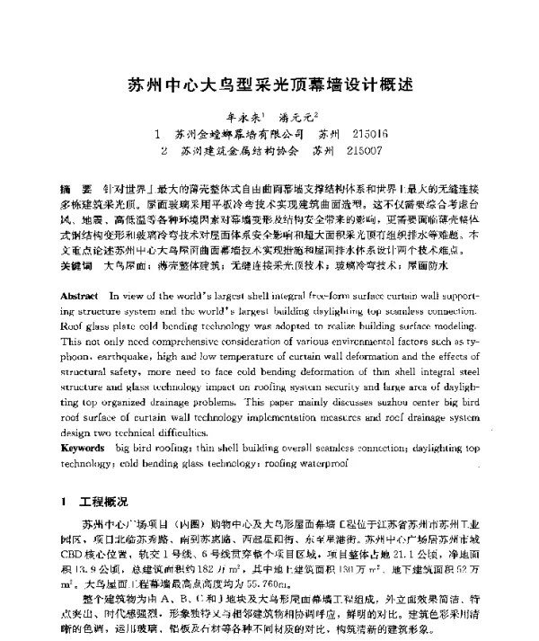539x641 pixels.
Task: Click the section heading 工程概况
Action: coord(101,499)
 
